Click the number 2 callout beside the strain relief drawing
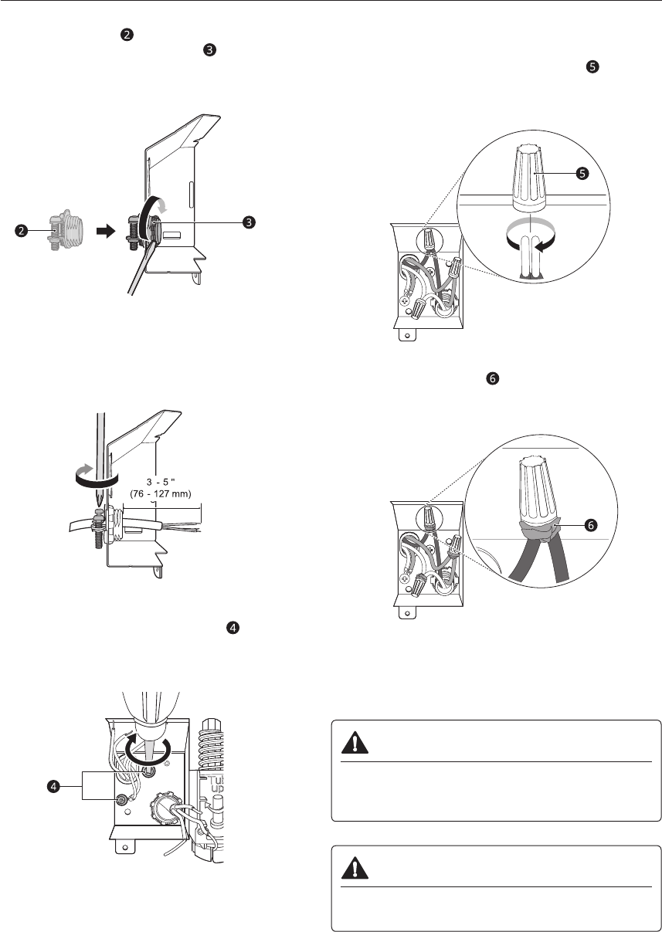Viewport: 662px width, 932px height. click(x=21, y=231)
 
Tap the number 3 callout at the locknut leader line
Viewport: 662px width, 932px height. click(x=249, y=222)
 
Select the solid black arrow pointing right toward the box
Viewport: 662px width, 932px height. click(x=106, y=231)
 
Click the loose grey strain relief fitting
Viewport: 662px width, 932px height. click(x=66, y=232)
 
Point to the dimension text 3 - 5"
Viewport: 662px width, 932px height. click(x=161, y=482)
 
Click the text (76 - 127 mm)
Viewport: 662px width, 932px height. click(x=161, y=494)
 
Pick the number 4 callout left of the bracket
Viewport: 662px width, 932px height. click(x=54, y=786)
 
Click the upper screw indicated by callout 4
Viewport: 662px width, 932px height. click(x=148, y=772)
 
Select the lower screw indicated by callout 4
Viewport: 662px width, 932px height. click(x=122, y=799)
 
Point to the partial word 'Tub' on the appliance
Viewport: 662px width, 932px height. click(x=216, y=781)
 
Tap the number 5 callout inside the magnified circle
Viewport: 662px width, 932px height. click(x=582, y=173)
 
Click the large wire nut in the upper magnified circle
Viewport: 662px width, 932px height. click(x=529, y=178)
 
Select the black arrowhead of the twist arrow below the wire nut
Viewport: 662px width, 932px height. click(x=541, y=247)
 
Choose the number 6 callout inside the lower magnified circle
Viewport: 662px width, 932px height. click(x=590, y=526)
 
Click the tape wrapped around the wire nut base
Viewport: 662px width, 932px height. click(x=539, y=530)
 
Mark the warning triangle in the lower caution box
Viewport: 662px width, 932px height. click(x=355, y=867)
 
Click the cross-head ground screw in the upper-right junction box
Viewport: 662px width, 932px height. click(x=403, y=300)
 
